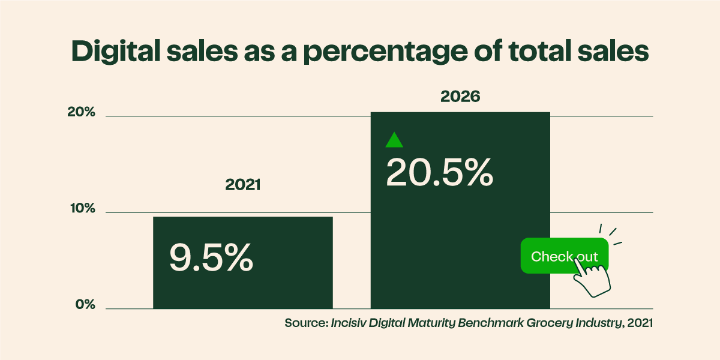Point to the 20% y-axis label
pos(81,112)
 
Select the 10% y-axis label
pos(81,209)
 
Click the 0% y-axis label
pos(85,305)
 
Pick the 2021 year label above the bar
pos(243,185)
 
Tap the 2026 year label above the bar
pos(460,96)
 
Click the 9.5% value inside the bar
pos(211,257)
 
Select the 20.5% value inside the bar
pos(439,172)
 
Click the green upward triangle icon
pos(394,140)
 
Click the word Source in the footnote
pos(305,323)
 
